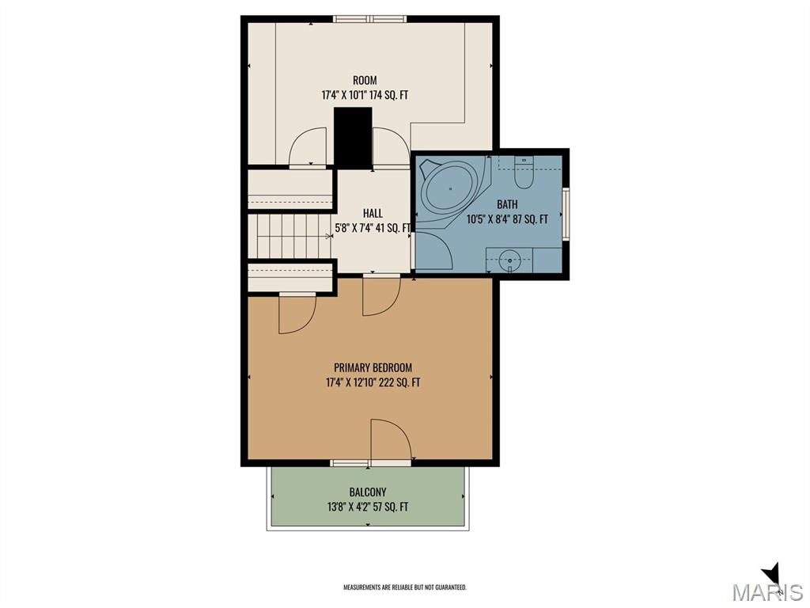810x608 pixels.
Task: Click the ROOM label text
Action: tap(365, 80)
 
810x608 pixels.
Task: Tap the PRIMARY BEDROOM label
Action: tap(373, 367)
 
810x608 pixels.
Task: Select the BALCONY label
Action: tap(368, 492)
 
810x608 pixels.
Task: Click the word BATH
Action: tap(507, 204)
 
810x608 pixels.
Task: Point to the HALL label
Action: tap(373, 213)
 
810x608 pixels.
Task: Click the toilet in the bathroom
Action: tap(524, 172)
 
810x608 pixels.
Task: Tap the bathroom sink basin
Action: tap(510, 260)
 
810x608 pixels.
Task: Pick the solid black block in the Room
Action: tap(353, 138)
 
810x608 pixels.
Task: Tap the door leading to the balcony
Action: tap(391, 439)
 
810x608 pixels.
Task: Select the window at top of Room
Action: tap(369, 19)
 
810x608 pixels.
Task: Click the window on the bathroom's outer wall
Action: tap(566, 214)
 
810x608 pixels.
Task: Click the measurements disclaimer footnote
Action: tap(405, 587)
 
